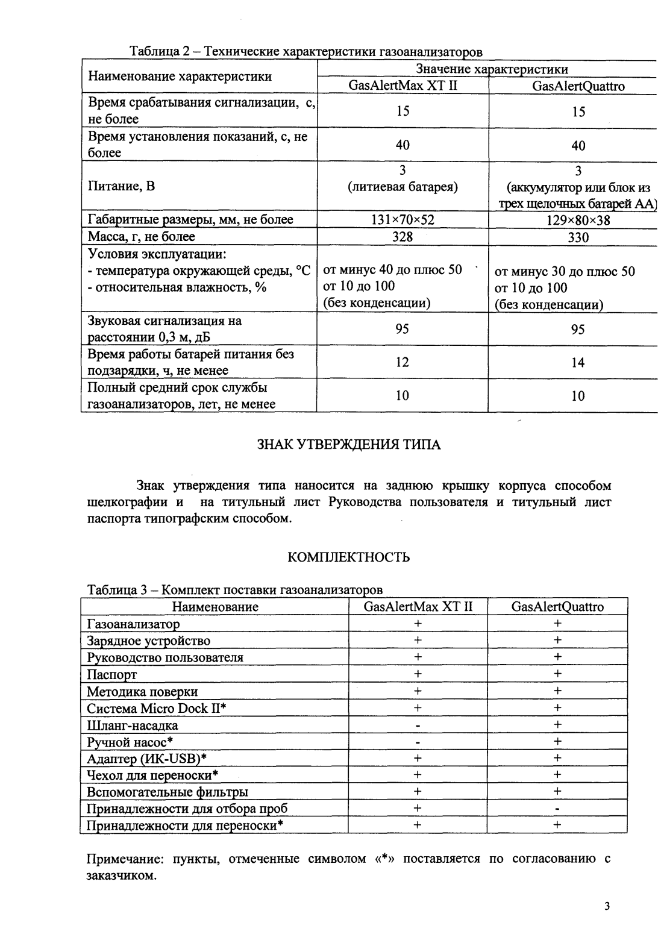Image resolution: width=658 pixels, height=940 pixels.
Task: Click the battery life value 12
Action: [403, 362]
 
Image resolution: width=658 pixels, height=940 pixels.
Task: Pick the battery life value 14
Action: [578, 363]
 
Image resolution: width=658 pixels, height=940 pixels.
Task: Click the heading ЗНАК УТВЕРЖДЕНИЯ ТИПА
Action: [349, 445]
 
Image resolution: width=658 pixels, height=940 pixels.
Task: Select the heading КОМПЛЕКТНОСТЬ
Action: [349, 557]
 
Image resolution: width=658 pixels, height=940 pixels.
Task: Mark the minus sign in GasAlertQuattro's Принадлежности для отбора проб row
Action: [557, 809]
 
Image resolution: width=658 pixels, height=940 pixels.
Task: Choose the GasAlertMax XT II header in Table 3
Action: [418, 607]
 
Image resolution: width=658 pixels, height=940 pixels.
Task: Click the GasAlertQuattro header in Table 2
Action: [578, 86]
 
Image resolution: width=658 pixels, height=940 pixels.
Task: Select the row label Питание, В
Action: [121, 186]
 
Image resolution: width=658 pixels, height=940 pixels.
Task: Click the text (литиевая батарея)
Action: [403, 187]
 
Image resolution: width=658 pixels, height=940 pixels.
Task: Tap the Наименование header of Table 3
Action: [215, 607]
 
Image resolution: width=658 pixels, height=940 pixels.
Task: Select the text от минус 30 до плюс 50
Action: [565, 271]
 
